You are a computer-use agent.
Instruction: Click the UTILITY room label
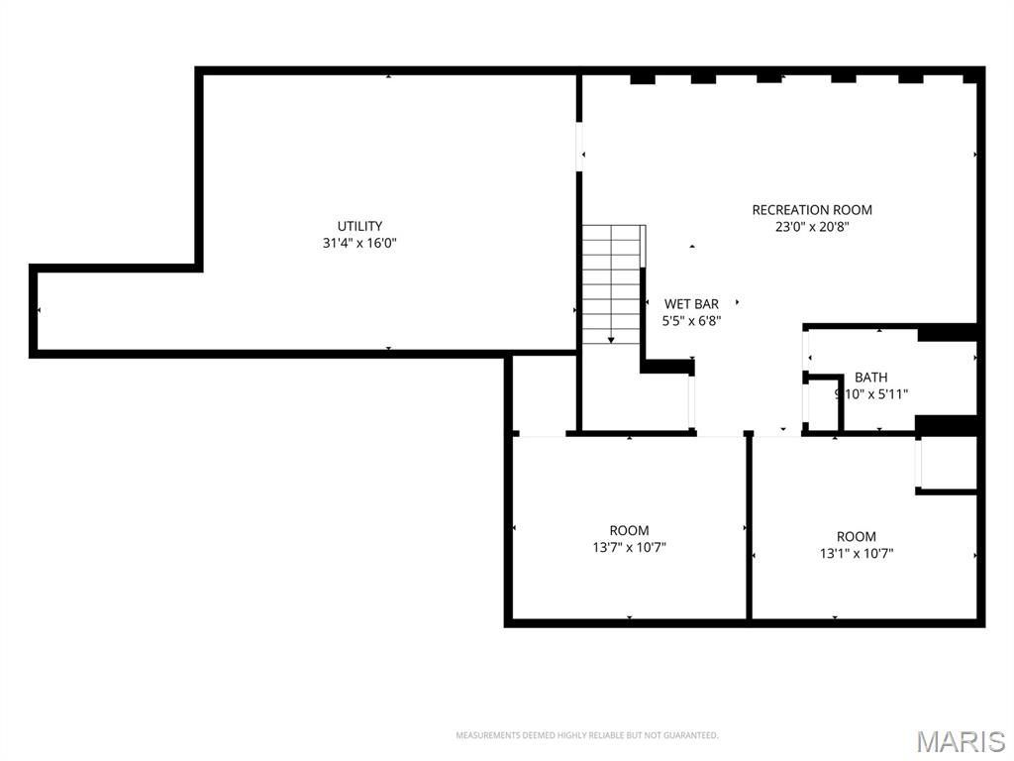tap(359, 226)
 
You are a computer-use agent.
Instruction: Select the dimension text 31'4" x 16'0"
tap(359, 243)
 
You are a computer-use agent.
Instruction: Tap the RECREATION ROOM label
tap(812, 209)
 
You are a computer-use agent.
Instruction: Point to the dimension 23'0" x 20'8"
tap(812, 226)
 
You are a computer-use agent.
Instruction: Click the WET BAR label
tap(691, 303)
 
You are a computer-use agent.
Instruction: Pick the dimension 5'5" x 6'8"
tap(691, 320)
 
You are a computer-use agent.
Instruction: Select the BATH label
tap(871, 377)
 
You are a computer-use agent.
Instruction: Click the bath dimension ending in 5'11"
tap(871, 393)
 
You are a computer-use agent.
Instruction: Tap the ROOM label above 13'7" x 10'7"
tap(629, 530)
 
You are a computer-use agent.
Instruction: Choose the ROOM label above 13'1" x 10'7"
tap(857, 537)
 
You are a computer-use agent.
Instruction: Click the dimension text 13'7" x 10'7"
tap(629, 547)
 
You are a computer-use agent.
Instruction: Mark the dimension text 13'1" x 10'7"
tap(857, 554)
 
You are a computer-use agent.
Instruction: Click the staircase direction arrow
tap(611, 337)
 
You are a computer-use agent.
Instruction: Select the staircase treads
tap(611, 282)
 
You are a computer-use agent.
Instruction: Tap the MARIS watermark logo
tap(960, 740)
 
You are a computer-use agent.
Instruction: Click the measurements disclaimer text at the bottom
tap(586, 735)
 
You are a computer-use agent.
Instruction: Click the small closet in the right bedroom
tap(949, 463)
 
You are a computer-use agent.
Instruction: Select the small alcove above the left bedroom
tap(542, 393)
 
